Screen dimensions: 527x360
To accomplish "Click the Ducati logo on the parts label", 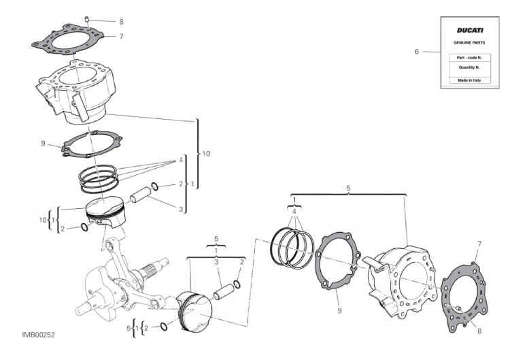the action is click(x=469, y=30).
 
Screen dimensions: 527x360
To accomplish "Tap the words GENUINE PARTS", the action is click(x=469, y=43).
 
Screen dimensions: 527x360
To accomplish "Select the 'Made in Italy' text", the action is click(x=469, y=80).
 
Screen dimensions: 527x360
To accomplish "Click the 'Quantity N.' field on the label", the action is click(x=469, y=67).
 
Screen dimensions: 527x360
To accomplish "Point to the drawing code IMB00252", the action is click(x=38, y=335).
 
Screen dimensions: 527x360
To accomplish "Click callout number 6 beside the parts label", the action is click(x=417, y=52).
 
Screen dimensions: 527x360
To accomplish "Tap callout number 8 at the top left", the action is click(x=121, y=22).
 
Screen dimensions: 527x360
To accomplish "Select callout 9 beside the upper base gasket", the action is click(x=43, y=144).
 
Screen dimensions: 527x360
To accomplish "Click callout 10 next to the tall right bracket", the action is click(x=206, y=153).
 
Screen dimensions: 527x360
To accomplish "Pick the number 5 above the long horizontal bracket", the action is click(x=348, y=188).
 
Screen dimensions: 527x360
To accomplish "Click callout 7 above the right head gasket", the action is click(x=479, y=244).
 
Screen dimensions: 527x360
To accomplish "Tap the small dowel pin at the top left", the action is click(x=87, y=19).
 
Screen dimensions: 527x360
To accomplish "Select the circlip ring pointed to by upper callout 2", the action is click(x=155, y=186).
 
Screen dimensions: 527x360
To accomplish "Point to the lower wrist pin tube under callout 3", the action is click(x=224, y=292).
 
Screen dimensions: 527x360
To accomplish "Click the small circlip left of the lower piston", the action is click(x=163, y=327).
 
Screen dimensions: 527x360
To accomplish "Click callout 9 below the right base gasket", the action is click(x=339, y=310).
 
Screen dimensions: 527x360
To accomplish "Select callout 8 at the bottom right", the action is click(x=479, y=331).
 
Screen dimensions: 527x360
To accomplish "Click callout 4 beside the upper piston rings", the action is click(x=181, y=160).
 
